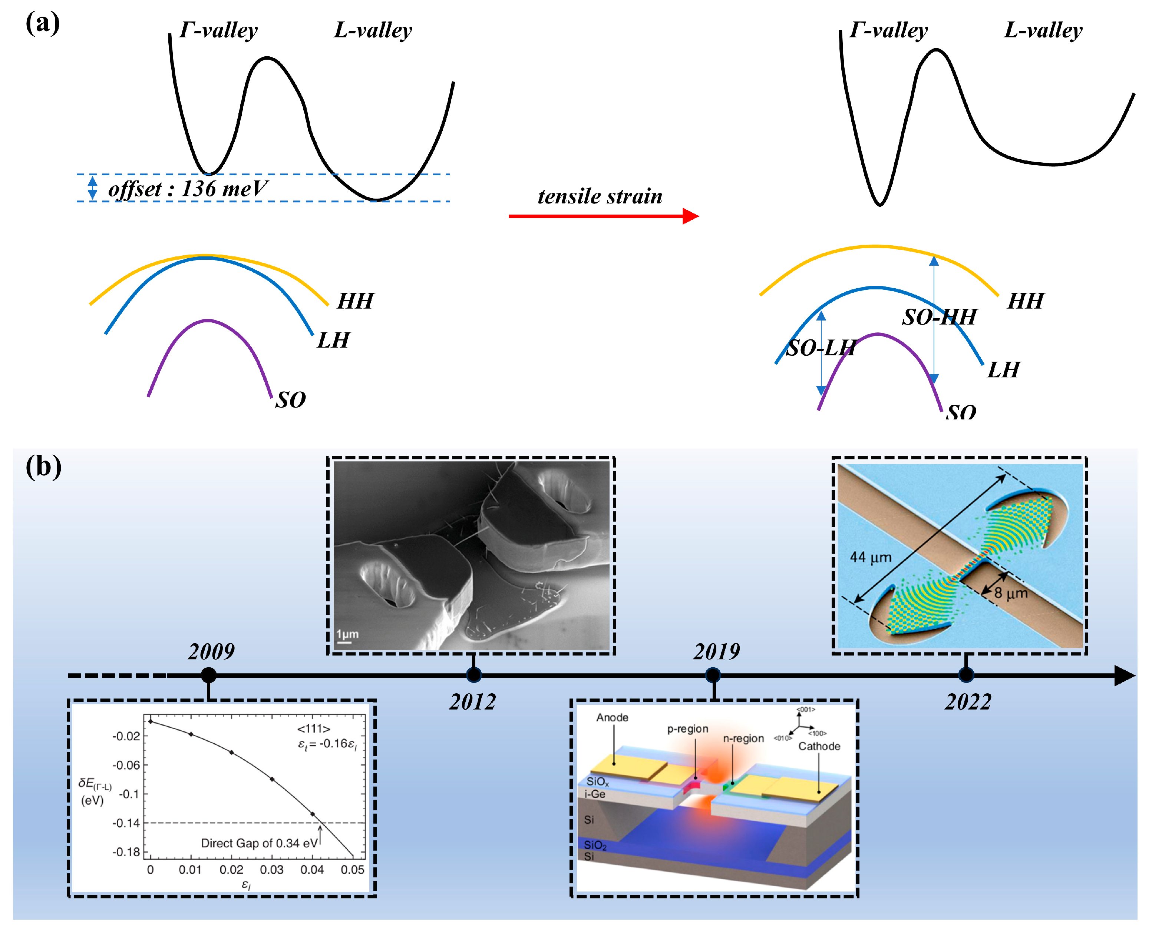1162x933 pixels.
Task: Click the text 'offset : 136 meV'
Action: (188, 189)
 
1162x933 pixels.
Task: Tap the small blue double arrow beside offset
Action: (93, 187)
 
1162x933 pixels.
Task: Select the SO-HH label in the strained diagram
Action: (940, 317)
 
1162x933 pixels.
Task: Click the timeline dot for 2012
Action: (474, 675)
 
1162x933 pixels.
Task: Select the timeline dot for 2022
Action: (966, 675)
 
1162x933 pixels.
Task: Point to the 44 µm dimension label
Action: (871, 558)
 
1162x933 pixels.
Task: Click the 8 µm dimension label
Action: (1011, 594)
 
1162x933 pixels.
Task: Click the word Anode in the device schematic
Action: (612, 718)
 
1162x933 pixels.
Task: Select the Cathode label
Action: (819, 747)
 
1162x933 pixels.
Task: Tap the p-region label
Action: (688, 729)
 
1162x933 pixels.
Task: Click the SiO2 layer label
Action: (595, 845)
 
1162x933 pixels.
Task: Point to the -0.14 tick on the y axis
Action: (126, 823)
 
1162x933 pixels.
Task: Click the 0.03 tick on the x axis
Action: (272, 870)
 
